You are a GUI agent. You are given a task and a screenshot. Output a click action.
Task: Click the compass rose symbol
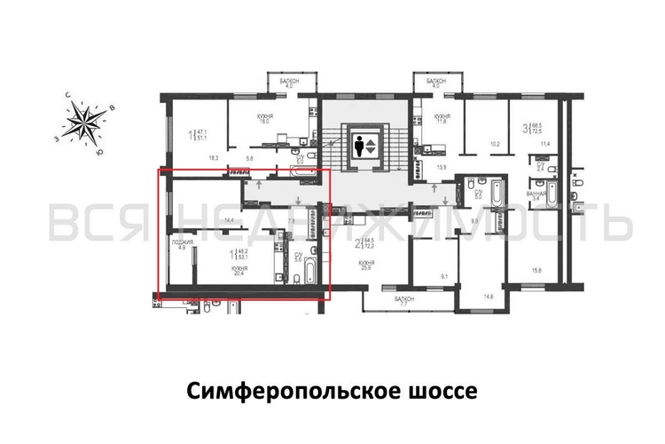87,123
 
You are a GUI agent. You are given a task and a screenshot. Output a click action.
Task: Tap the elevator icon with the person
364,146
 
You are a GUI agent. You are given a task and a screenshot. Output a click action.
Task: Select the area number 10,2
496,144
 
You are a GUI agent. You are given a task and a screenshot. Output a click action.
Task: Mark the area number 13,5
440,166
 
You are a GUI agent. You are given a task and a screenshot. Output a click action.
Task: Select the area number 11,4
546,144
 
